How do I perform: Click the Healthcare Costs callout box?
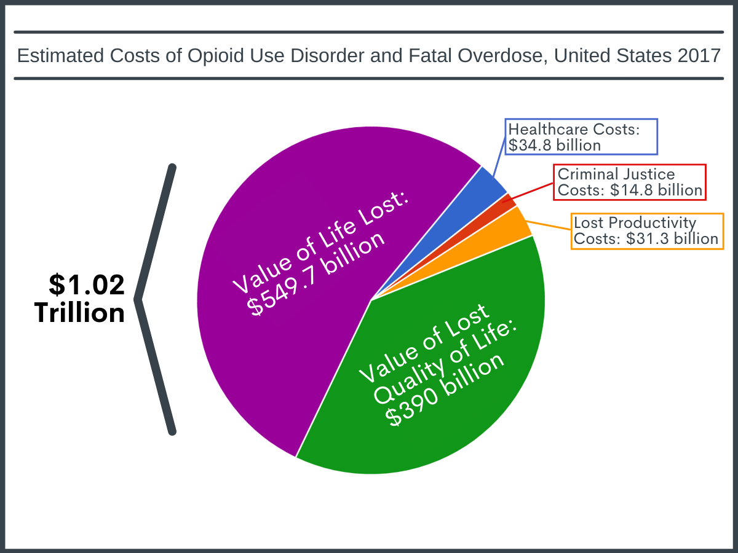[581, 136]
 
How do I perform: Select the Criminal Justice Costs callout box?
[629, 182]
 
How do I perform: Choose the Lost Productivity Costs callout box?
[646, 230]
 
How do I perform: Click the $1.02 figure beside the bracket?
[87, 284]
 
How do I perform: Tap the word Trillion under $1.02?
[80, 313]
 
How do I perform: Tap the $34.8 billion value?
[554, 145]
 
